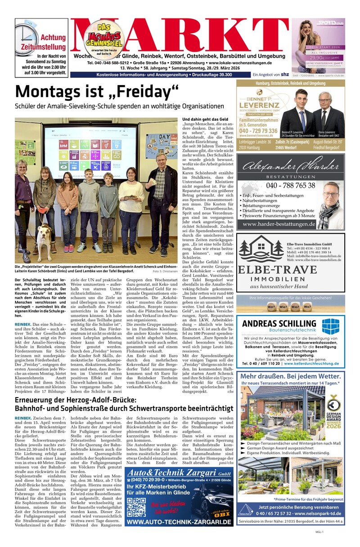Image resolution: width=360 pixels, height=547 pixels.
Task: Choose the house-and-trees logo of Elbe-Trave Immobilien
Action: pyautogui.click(x=260, y=249)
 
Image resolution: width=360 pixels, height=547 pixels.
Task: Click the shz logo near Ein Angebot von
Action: pyautogui.click(x=284, y=74)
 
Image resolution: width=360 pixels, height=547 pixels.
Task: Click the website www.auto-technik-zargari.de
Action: pyautogui.click(x=179, y=522)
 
